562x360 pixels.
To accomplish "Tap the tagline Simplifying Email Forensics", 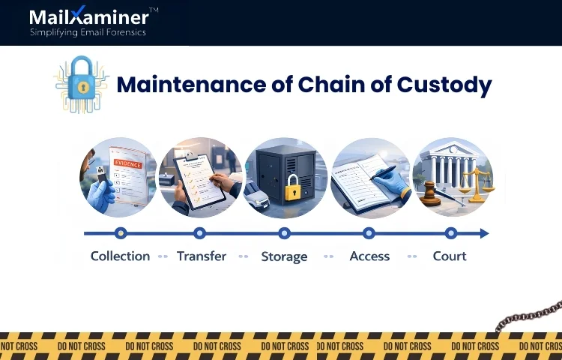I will click(x=87, y=32).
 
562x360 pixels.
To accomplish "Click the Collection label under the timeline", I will click(x=120, y=256).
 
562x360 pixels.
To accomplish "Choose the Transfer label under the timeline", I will click(x=201, y=256).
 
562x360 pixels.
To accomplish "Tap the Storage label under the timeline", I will click(x=284, y=256).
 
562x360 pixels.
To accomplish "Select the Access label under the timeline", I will click(x=369, y=256).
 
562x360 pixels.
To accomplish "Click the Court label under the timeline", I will click(x=450, y=256).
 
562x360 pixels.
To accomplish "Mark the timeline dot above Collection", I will click(x=121, y=233).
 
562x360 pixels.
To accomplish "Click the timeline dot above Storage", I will click(x=284, y=233).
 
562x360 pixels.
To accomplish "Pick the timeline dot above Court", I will click(x=450, y=233).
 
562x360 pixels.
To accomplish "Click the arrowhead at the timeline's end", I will click(x=484, y=233).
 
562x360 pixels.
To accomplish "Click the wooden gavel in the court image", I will click(x=430, y=191).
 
